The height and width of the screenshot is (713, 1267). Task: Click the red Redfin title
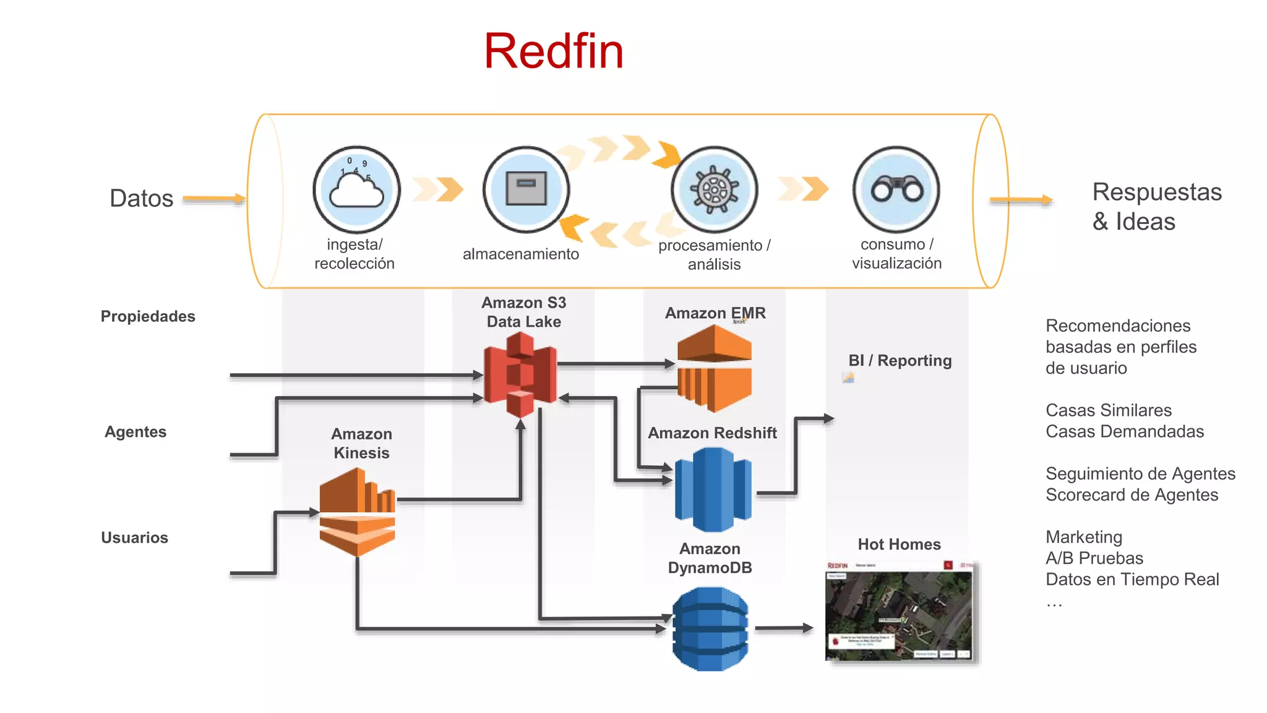[553, 51]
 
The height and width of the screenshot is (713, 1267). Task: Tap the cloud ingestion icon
[356, 189]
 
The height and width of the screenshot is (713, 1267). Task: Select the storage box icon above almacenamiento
[526, 189]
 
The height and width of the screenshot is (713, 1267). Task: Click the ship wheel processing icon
[715, 189]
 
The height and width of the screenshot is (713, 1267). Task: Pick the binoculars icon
[896, 189]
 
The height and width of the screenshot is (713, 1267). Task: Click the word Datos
[141, 199]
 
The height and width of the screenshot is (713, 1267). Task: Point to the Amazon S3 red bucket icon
[520, 374]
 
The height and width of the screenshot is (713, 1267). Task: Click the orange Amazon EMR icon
[714, 368]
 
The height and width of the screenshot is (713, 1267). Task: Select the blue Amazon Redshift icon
[713, 490]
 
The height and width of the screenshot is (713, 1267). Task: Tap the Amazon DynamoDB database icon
[710, 629]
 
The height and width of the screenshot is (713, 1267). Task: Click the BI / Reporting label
[900, 360]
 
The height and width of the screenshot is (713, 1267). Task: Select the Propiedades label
[148, 316]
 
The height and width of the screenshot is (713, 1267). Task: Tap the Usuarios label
[134, 537]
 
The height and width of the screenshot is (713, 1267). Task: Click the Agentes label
[135, 431]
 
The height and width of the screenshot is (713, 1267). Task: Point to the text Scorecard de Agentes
[1132, 495]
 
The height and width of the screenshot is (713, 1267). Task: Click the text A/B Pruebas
[1094, 558]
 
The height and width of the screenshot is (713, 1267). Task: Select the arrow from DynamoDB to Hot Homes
[783, 628]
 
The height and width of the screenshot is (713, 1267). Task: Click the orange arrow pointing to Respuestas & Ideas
[1021, 200]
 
